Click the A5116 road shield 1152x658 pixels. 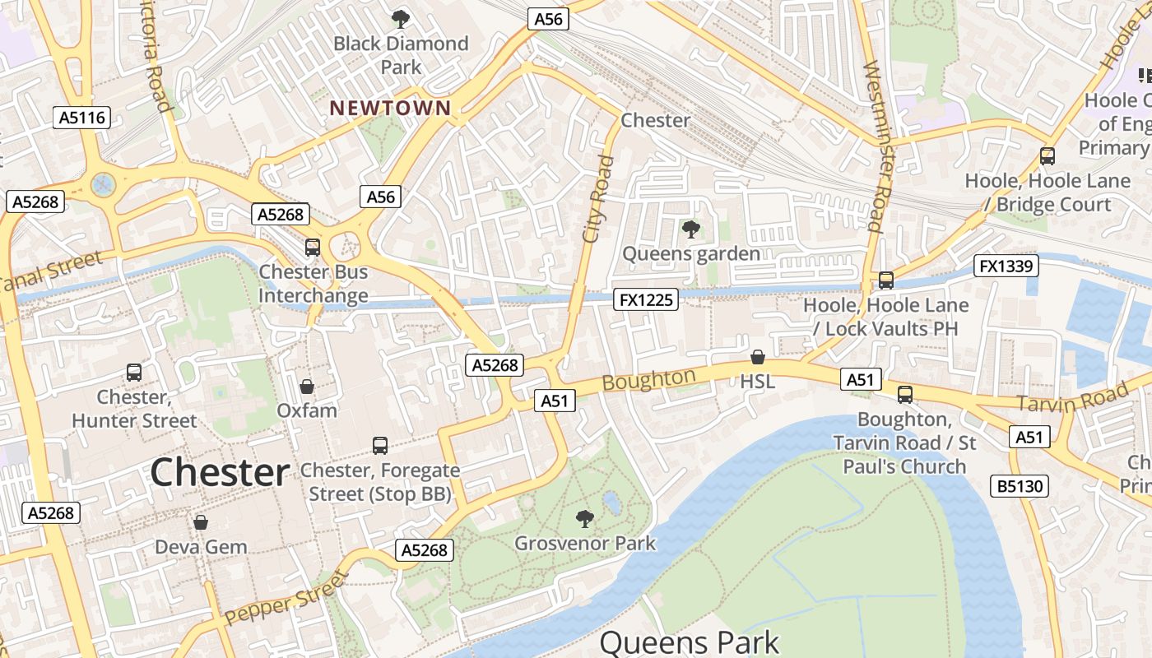[x=83, y=118]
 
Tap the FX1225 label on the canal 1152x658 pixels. [x=646, y=300]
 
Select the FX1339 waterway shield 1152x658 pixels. [x=1006, y=266]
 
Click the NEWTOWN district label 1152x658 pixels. [x=390, y=108]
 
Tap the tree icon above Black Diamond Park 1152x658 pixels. [x=401, y=18]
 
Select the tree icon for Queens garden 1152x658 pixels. [x=691, y=229]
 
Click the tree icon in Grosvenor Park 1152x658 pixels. [x=585, y=519]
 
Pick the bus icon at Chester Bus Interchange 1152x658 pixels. [x=313, y=248]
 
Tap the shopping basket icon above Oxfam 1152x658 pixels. [x=307, y=386]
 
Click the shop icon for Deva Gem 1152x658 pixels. [x=201, y=522]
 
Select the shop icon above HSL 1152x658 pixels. [x=758, y=357]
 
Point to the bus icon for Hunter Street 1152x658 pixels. [x=134, y=373]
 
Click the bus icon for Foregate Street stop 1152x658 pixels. [x=380, y=446]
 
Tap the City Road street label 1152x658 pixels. [x=598, y=199]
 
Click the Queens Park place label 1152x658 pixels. [x=690, y=642]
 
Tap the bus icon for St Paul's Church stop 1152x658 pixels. [x=905, y=395]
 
